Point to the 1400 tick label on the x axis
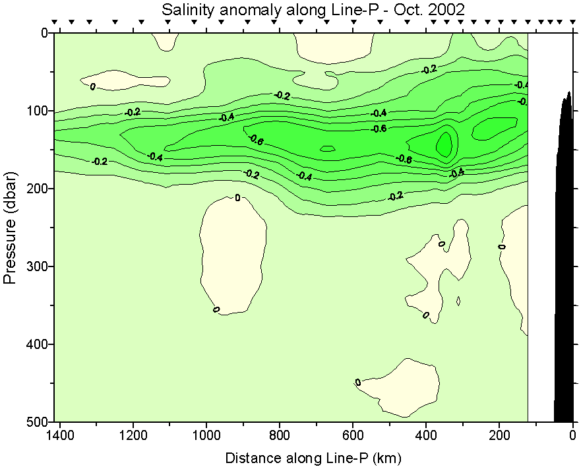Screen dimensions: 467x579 click(61, 436)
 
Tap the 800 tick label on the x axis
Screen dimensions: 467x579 click(280, 436)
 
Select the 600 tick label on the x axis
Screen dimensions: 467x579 click(353, 436)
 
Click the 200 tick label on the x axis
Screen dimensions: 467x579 click(499, 436)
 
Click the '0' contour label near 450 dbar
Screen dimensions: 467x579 click(358, 383)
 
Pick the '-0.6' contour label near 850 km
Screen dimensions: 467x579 click(256, 139)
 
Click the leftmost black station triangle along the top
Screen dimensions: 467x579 click(55, 22)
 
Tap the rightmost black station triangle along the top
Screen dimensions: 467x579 click(571, 22)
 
